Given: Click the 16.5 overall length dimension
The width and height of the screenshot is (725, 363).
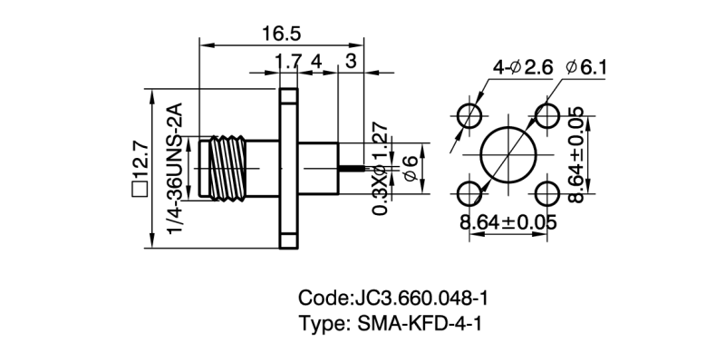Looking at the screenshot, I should coord(282,34).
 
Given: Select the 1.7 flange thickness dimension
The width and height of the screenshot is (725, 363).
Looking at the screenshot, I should coord(288,62).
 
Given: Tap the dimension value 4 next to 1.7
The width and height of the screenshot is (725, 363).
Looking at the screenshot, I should coord(317,62).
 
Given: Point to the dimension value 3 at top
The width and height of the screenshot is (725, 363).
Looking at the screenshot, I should coord(351,62).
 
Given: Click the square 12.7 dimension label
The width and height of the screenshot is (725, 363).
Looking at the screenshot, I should coord(140,169).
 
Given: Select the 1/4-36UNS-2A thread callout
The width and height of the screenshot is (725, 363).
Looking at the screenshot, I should coord(178,169).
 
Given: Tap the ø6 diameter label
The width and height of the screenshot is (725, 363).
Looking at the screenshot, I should coord(410,169).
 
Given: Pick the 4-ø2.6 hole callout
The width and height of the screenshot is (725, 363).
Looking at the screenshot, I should coord(522,67).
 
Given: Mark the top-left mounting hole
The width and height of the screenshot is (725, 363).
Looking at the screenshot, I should coord(469,115).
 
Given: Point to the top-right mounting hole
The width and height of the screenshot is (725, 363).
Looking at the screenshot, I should coord(548,115).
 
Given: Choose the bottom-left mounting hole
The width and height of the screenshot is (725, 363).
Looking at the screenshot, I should coord(469,193).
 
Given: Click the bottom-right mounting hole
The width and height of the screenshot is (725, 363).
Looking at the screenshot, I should coord(548,193).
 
